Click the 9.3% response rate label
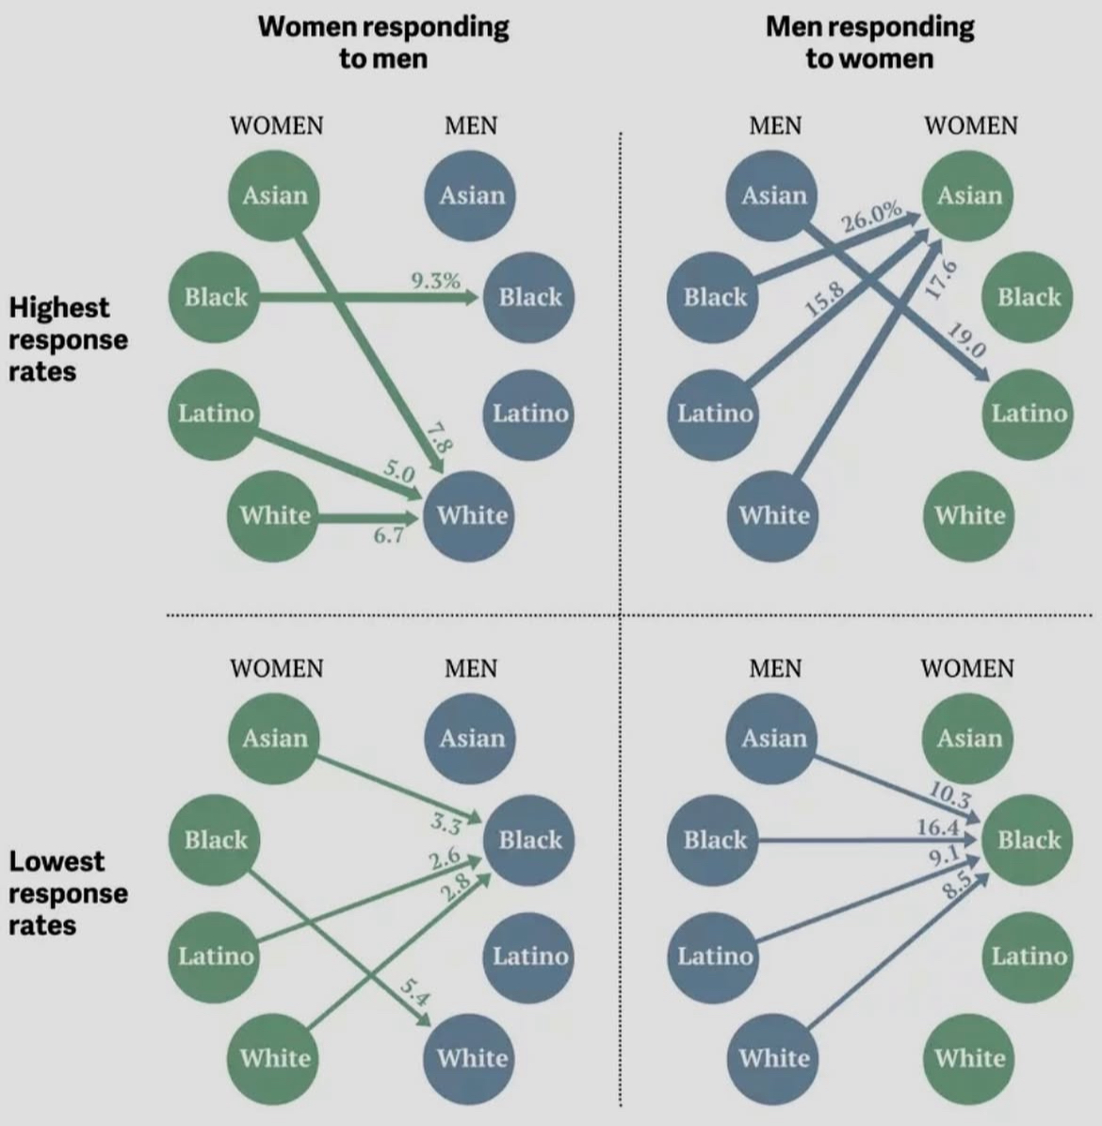coord(435,280)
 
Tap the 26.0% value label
coord(871,216)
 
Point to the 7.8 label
coord(439,437)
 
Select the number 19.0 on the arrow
coord(965,339)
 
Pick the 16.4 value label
coord(937,827)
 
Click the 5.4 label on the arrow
coord(415,992)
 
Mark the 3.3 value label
coord(446,824)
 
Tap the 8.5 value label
coord(956,886)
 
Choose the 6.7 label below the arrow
coord(388,535)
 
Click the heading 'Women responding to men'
coord(383,42)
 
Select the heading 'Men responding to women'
coord(869,42)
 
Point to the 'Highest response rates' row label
coord(68,339)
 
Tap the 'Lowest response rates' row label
coord(68,892)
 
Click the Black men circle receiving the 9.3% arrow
coord(528,297)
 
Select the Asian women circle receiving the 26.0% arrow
coord(967,195)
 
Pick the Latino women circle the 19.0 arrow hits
coord(1028,414)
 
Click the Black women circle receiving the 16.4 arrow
coord(1027,840)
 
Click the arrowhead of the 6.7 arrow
coord(412,517)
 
